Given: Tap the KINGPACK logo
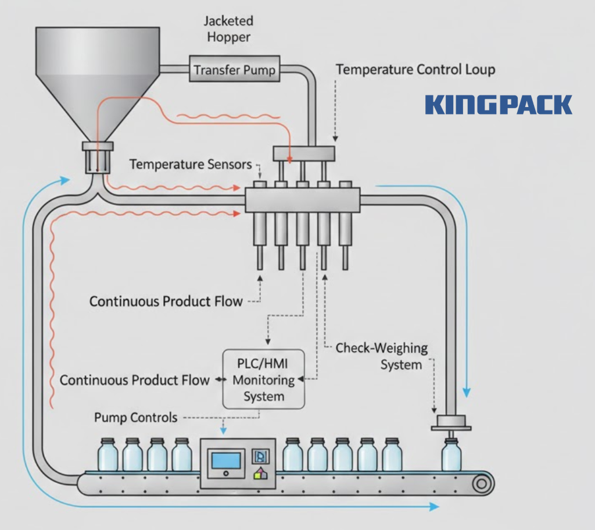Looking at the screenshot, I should click(499, 105).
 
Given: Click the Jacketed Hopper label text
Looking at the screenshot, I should click(228, 29).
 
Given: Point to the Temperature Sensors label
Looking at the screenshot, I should click(191, 165).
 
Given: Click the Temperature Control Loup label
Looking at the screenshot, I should click(415, 70).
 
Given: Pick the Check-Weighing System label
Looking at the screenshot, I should click(382, 357).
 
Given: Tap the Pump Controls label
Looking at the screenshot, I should click(135, 417).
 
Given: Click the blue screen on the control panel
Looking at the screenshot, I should click(227, 460).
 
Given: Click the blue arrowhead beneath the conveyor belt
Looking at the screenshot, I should click(434, 507).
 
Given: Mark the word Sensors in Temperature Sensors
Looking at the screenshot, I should click(230, 165).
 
